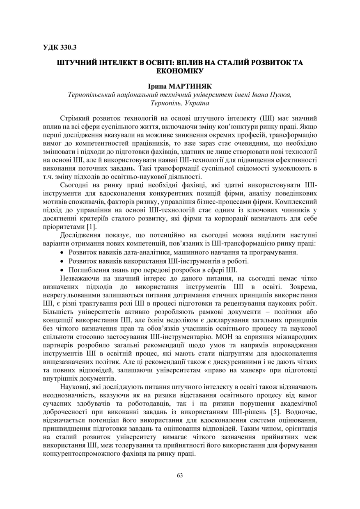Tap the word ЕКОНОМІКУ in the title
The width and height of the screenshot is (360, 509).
click(180, 71)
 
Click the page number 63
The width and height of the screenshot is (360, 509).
click(180, 475)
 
